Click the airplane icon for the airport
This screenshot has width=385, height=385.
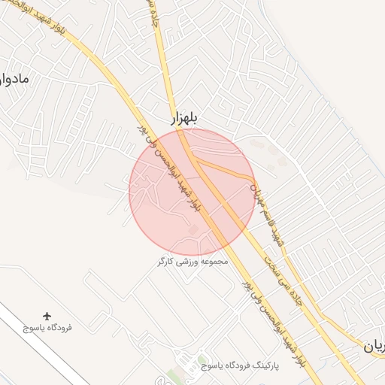tap(48, 316)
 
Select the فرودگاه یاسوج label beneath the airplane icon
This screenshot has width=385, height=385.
tap(47, 329)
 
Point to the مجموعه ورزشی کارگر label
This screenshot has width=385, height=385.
tap(192, 262)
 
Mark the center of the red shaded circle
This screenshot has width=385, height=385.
tap(192, 192)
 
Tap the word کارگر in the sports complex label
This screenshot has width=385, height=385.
tap(165, 262)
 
